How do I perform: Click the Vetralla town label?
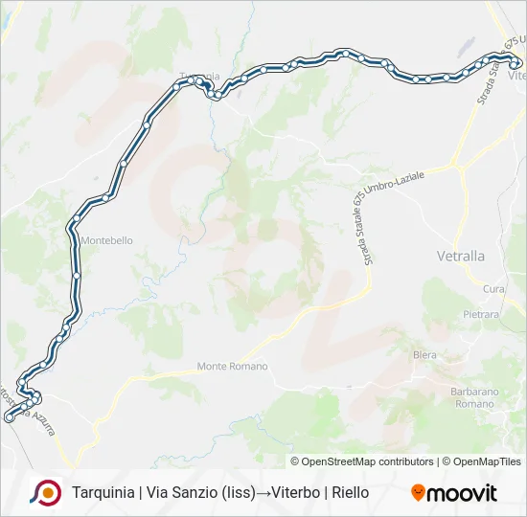point(461,257)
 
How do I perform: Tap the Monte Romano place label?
point(232,367)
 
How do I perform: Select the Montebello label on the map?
point(108,241)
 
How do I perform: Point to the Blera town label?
point(424,355)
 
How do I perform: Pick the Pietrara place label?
point(481,314)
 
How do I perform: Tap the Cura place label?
point(494,289)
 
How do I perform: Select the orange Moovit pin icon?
point(418,493)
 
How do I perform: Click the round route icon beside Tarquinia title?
point(45,492)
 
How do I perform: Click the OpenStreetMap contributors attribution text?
point(362,461)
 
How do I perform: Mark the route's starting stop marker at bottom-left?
point(10,417)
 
